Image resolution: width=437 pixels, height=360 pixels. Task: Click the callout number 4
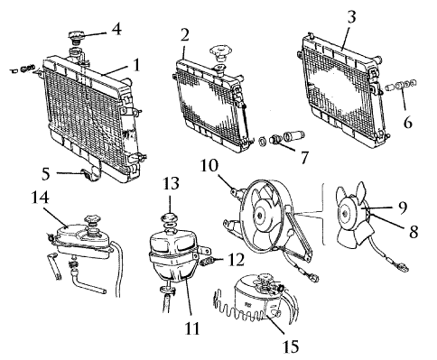pos(116,30)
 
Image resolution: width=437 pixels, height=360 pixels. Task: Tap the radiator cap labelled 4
pos(76,38)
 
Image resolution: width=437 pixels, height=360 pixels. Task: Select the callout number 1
pos(136,64)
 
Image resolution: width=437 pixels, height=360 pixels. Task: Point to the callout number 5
pos(45,174)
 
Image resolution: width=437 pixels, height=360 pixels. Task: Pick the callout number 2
pos(185,35)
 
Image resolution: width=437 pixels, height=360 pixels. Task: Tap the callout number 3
pos(351,17)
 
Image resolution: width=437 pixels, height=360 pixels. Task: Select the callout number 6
pos(407,123)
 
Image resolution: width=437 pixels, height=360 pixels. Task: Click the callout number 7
pos(304,158)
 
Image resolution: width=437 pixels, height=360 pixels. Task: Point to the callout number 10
pos(209,165)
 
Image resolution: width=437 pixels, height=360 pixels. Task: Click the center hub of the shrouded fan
pos(259,216)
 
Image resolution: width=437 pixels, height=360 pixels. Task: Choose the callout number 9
pos(402,208)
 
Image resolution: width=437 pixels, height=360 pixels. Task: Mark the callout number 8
pos(414,232)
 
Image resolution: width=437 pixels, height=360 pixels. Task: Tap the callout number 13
pos(171,183)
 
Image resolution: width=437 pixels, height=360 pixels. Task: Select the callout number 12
pos(236,260)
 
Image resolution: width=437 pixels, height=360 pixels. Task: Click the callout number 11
pos(192,328)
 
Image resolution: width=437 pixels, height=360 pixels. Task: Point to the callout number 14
pos(41,198)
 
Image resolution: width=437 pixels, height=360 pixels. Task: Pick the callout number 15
pos(291,346)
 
